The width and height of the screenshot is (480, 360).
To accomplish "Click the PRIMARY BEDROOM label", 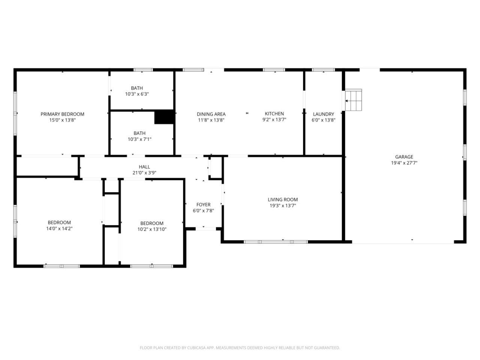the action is click(62, 114).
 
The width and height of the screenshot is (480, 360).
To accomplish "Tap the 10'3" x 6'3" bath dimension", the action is click(137, 94).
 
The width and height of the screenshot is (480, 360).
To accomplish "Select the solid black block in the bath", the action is click(164, 117).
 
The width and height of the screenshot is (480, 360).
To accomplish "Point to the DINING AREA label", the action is click(211, 114).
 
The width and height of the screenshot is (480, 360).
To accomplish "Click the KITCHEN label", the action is click(274, 114).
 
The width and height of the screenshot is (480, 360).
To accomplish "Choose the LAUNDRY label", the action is click(323, 114).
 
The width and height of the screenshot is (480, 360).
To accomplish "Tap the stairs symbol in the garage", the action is click(353, 100).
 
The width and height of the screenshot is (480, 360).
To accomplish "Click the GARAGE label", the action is click(404, 157).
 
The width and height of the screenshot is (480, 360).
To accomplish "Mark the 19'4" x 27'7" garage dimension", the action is click(404, 163).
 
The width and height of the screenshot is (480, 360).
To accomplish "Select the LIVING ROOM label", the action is click(283, 199).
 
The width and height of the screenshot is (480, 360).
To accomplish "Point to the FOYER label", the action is click(203, 205).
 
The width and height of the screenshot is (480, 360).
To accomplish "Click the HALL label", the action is click(144, 167).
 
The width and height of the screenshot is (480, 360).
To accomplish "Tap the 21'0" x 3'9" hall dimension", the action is click(144, 173).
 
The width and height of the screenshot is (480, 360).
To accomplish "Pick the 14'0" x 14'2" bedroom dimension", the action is click(59, 229).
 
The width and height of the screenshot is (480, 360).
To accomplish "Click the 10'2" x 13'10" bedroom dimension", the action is click(152, 229).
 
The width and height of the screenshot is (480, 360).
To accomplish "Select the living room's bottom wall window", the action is click(276, 242).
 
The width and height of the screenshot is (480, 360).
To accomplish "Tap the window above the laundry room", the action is click(323, 70).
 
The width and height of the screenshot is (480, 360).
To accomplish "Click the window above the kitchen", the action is click(274, 70).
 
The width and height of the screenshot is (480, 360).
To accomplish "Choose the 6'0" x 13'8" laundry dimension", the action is click(323, 120).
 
